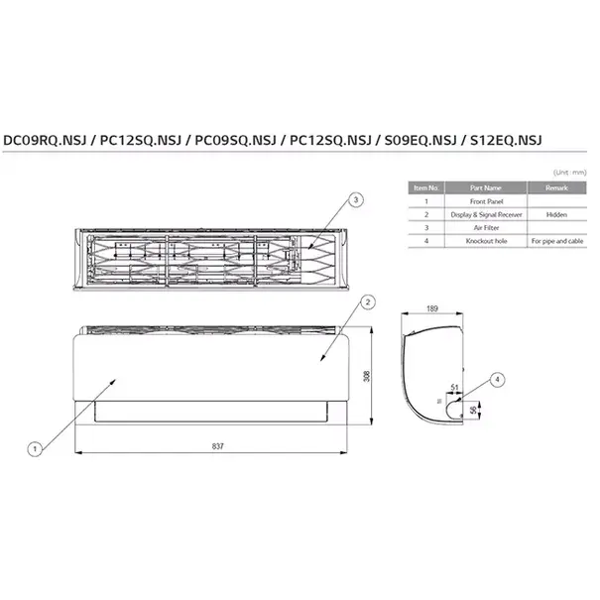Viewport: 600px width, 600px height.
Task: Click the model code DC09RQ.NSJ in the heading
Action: point(46,141)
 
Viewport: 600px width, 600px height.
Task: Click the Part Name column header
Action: point(485,186)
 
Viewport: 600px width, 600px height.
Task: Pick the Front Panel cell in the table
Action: point(485,200)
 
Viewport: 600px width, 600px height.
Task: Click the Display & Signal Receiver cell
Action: point(485,213)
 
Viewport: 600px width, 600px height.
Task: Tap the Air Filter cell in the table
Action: point(485,227)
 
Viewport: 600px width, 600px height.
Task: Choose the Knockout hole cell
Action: point(485,240)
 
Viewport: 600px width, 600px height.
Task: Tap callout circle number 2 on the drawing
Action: point(367,301)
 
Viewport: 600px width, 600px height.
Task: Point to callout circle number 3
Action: point(357,200)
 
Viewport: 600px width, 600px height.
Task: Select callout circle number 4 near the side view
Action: point(498,379)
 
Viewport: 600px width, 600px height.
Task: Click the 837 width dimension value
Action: point(217,446)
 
